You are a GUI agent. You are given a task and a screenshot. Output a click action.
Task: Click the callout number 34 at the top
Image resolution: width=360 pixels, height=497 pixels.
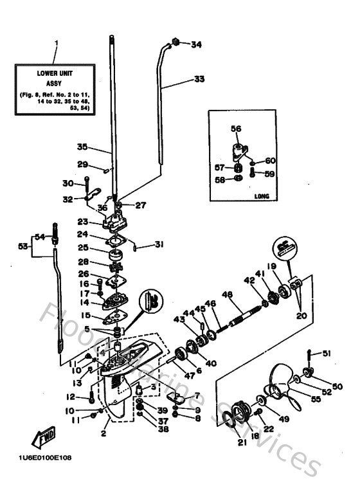coord(195,44)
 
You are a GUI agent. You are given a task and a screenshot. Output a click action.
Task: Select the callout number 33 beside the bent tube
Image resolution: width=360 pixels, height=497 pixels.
coord(199,79)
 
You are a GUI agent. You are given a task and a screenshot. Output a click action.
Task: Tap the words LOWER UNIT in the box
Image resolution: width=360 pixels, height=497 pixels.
coord(55,73)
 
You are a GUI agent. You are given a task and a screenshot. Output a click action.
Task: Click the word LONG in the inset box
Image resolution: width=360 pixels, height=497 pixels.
coord(262,195)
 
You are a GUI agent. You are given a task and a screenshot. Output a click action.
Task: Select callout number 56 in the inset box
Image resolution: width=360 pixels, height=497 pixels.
coord(236,129)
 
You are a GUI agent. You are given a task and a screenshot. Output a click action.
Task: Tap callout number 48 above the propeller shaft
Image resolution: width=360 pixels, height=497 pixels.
coord(226,295)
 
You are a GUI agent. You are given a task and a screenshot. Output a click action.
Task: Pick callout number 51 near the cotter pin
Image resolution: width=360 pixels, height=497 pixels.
coord(327,352)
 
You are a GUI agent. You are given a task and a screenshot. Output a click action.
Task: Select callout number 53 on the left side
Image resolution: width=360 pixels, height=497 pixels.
coord(22,246)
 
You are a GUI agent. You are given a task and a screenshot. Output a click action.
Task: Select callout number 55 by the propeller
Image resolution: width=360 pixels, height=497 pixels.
coord(316,399)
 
